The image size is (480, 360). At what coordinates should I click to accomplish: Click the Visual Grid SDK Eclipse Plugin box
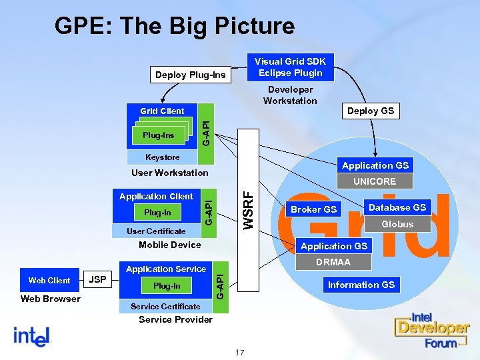(290, 67)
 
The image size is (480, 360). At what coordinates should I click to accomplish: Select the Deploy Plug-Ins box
(190, 75)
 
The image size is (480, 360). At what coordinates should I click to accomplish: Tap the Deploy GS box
(371, 111)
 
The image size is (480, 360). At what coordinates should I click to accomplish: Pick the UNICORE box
(374, 181)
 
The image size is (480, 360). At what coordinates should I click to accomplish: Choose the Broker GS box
(313, 209)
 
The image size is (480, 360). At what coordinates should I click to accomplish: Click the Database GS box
(397, 207)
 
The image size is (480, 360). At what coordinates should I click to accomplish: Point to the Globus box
(397, 224)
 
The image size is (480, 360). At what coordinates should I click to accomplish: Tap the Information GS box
(361, 285)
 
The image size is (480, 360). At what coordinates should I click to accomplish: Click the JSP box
(98, 279)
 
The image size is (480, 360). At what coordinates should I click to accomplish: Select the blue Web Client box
(49, 280)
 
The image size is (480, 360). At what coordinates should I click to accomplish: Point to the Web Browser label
(50, 299)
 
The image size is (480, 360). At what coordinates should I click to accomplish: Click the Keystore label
(163, 157)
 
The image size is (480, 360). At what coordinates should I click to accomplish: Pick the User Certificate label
(157, 231)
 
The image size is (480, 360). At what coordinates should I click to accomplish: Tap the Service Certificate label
(165, 306)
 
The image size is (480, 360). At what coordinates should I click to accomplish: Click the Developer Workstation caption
(290, 95)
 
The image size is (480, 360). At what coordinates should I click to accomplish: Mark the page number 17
(239, 351)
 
